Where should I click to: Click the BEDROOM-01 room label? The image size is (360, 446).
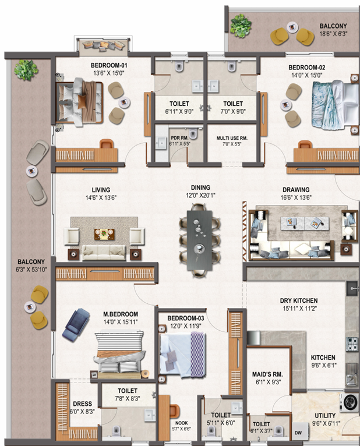coord(109,65)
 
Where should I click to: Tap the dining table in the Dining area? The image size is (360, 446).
coord(200,240)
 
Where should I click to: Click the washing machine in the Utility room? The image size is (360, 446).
coord(350,402)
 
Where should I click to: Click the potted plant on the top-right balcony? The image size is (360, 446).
coord(241,26)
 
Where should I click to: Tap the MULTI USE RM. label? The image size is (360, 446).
coord(232,138)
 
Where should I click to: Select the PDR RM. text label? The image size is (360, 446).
coord(179,138)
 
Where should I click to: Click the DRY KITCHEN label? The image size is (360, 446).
coord(298,300)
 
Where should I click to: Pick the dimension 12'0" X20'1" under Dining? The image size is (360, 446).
coord(200,196)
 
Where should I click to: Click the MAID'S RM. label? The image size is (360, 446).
coord(267,374)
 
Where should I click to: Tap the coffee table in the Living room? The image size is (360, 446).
coord(105,233)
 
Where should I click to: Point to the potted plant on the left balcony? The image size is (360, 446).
coord(26,70)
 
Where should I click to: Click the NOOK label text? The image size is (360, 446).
coord(181,423)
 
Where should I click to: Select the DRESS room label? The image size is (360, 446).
coord(82,404)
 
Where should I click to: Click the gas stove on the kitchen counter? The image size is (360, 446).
coord(352,344)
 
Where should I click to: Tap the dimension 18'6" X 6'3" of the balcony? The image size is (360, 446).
coord(333,34)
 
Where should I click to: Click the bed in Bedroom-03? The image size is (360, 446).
coord(182,353)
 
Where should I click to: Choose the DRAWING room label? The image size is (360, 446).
coord(296,190)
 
